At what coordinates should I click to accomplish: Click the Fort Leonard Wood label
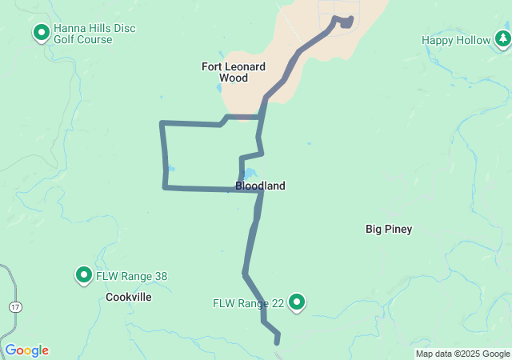(x=234, y=72)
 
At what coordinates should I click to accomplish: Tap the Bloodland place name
(x=260, y=186)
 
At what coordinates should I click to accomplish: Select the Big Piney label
(x=389, y=230)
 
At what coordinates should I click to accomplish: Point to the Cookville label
(x=128, y=297)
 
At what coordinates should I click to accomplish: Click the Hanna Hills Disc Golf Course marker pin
(x=41, y=33)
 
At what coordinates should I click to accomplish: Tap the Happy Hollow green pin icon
(x=502, y=39)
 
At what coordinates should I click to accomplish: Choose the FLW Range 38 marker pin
(x=83, y=276)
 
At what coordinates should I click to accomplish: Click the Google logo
(x=26, y=350)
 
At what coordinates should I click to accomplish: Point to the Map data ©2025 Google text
(x=462, y=354)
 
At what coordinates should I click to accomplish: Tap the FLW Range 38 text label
(x=132, y=277)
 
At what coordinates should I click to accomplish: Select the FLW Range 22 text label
(x=249, y=303)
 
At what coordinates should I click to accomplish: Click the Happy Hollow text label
(x=456, y=40)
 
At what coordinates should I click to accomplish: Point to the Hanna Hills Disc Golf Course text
(x=94, y=34)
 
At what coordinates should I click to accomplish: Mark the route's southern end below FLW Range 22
(x=278, y=342)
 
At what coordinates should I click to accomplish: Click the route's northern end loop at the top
(x=345, y=22)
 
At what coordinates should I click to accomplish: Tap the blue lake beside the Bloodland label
(x=249, y=174)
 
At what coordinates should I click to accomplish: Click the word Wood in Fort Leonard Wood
(x=234, y=78)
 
